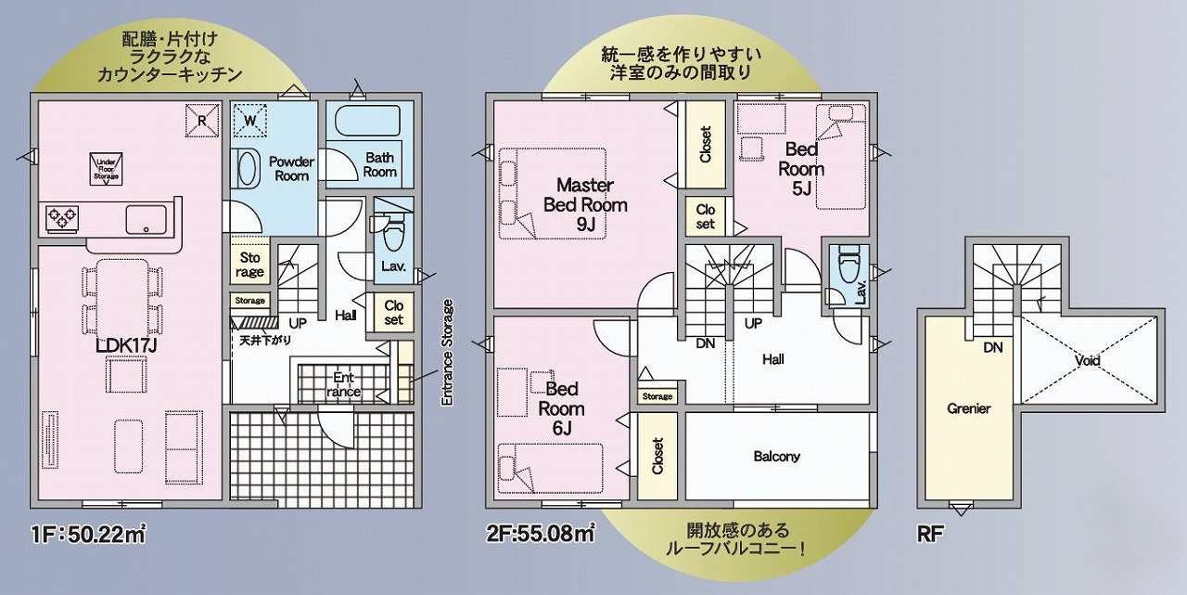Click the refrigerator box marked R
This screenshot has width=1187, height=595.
[202, 118]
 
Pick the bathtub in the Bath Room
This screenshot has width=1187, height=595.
[365, 123]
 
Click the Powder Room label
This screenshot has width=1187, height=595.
[291, 168]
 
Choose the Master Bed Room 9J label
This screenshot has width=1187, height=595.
[584, 204]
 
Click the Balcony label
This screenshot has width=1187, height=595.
[776, 457]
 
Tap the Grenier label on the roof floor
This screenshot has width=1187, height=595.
[969, 408]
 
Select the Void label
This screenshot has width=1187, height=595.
[1088, 360]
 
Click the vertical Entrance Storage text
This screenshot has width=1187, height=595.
[447, 353]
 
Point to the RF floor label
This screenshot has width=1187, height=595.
[928, 535]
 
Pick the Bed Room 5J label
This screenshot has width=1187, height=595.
[801, 169]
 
